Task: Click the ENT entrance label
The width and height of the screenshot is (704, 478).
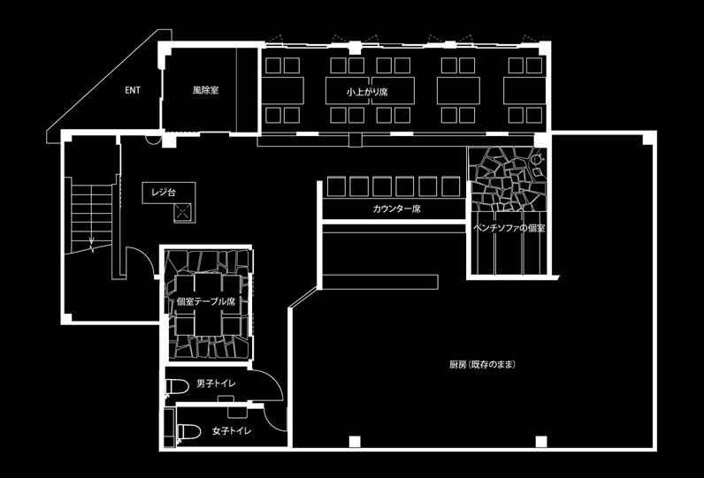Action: coord(133,90)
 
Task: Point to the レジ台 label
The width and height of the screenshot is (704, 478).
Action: coord(165,191)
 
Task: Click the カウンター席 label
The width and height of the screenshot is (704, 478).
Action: coord(396,209)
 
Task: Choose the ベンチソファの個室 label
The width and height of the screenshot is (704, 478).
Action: coord(509,228)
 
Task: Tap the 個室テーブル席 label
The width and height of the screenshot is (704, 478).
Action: coord(206,301)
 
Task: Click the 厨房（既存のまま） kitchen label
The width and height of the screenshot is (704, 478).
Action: coord(482,364)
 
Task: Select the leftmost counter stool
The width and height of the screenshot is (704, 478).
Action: coord(335,186)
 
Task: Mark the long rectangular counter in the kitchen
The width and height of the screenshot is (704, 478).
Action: coord(380,282)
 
